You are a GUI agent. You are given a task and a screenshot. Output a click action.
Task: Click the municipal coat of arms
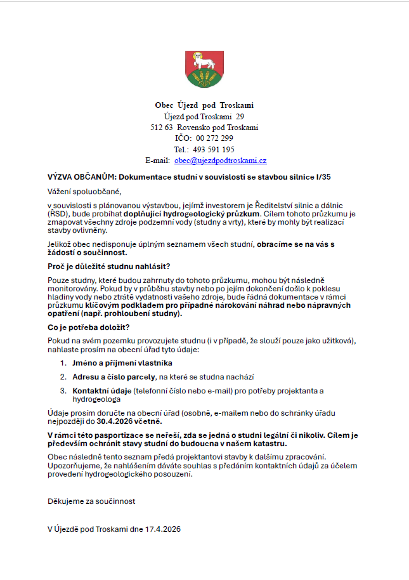(x=204, y=70)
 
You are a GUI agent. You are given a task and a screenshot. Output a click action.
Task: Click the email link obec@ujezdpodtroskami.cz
(x=220, y=161)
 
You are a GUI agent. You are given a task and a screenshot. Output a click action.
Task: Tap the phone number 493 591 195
(x=214, y=149)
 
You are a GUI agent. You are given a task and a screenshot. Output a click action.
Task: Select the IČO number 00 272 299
(x=214, y=138)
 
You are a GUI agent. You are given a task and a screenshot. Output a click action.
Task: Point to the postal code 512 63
(x=161, y=128)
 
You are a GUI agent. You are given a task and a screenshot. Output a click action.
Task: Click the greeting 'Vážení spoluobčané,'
(x=84, y=191)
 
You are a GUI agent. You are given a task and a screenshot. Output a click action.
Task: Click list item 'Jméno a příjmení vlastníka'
(x=122, y=363)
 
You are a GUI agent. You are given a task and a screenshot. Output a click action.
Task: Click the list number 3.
(x=63, y=390)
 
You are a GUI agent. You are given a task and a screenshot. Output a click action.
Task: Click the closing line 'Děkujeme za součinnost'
(x=91, y=501)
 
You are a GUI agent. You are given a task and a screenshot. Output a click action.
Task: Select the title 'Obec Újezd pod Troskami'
(x=204, y=105)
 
